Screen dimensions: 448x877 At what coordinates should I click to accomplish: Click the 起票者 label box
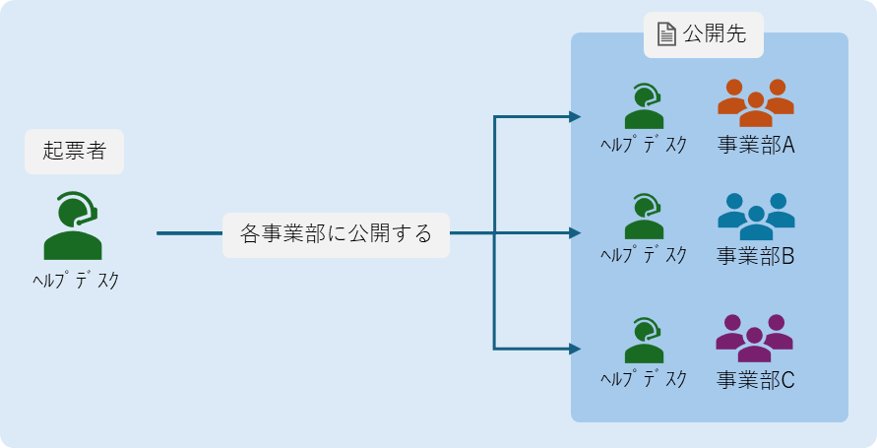75,152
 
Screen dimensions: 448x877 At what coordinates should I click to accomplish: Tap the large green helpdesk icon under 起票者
73,225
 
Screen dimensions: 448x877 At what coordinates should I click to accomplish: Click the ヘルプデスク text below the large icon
75,281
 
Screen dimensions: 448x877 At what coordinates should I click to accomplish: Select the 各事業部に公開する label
336,234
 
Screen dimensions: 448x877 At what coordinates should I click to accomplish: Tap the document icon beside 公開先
667,34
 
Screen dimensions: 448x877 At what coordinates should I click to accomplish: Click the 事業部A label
756,146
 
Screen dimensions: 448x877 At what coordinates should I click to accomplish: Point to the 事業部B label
756,257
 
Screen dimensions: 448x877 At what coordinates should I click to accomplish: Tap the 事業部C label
756,379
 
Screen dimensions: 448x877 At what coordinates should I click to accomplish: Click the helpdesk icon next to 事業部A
644,105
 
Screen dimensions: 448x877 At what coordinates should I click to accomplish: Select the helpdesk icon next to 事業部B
644,217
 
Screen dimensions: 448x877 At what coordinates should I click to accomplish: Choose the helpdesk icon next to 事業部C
644,341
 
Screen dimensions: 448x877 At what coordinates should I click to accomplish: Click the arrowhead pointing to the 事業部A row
576,117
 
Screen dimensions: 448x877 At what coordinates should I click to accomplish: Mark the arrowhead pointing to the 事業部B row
576,233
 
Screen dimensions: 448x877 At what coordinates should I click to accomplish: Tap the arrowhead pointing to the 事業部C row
576,349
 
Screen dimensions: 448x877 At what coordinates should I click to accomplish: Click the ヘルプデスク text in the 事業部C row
644,379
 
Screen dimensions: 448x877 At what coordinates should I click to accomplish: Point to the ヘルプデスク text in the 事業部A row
644,145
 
